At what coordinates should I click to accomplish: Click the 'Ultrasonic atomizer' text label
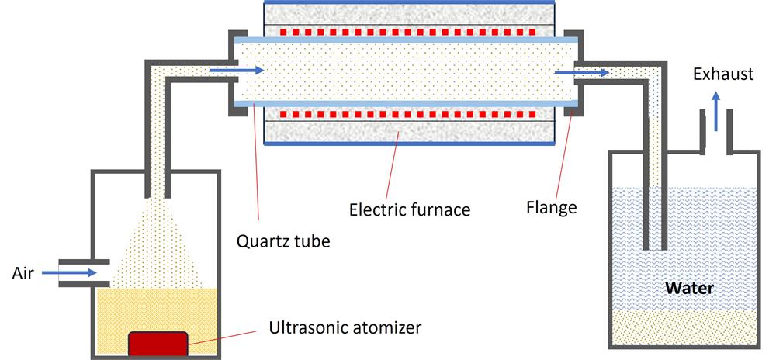click(x=345, y=327)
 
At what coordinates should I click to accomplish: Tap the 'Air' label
click(x=23, y=272)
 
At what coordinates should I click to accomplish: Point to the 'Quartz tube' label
click(x=283, y=241)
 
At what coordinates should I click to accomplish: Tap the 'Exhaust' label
click(x=723, y=74)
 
